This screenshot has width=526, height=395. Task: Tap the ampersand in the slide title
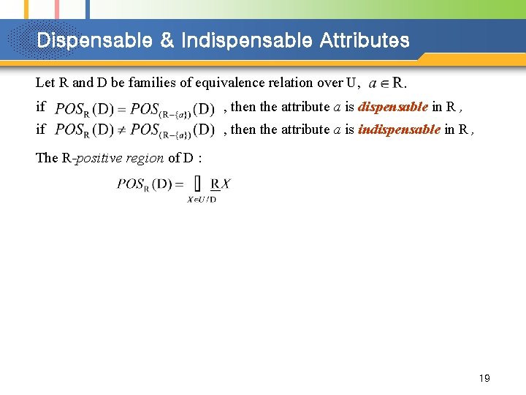(167, 40)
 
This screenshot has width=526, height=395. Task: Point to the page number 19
(484, 378)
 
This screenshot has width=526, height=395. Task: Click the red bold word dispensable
(393, 107)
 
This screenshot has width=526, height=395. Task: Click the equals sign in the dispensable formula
(122, 109)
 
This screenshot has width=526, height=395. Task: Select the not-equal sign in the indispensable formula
(122, 130)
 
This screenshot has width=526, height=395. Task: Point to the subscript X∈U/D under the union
(202, 198)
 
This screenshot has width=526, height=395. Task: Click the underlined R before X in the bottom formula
(215, 183)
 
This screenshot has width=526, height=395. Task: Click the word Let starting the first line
(45, 83)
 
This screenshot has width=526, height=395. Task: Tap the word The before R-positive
(46, 158)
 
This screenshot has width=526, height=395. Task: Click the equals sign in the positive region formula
(179, 184)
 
